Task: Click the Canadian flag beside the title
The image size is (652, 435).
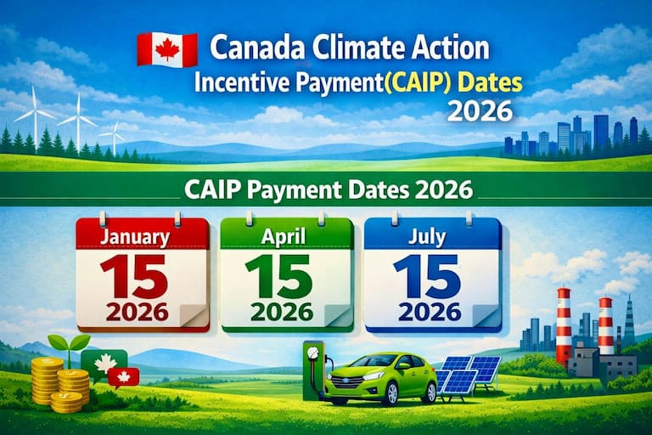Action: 166,48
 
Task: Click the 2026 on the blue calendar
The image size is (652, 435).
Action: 430,311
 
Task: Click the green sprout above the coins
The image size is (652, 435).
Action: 69,345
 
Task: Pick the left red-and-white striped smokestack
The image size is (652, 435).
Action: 564,326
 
